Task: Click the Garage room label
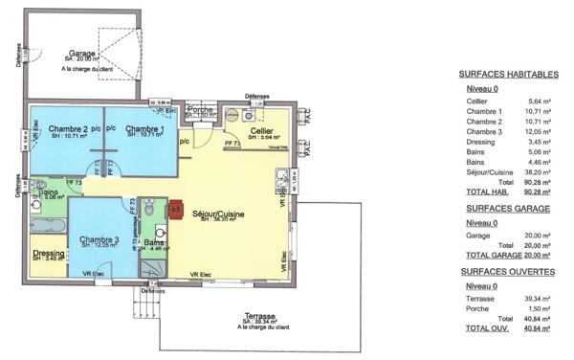[82, 54]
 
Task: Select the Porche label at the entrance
[201, 110]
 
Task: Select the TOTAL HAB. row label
[486, 192]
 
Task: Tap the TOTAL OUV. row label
[485, 328]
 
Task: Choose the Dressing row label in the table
[481, 143]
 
